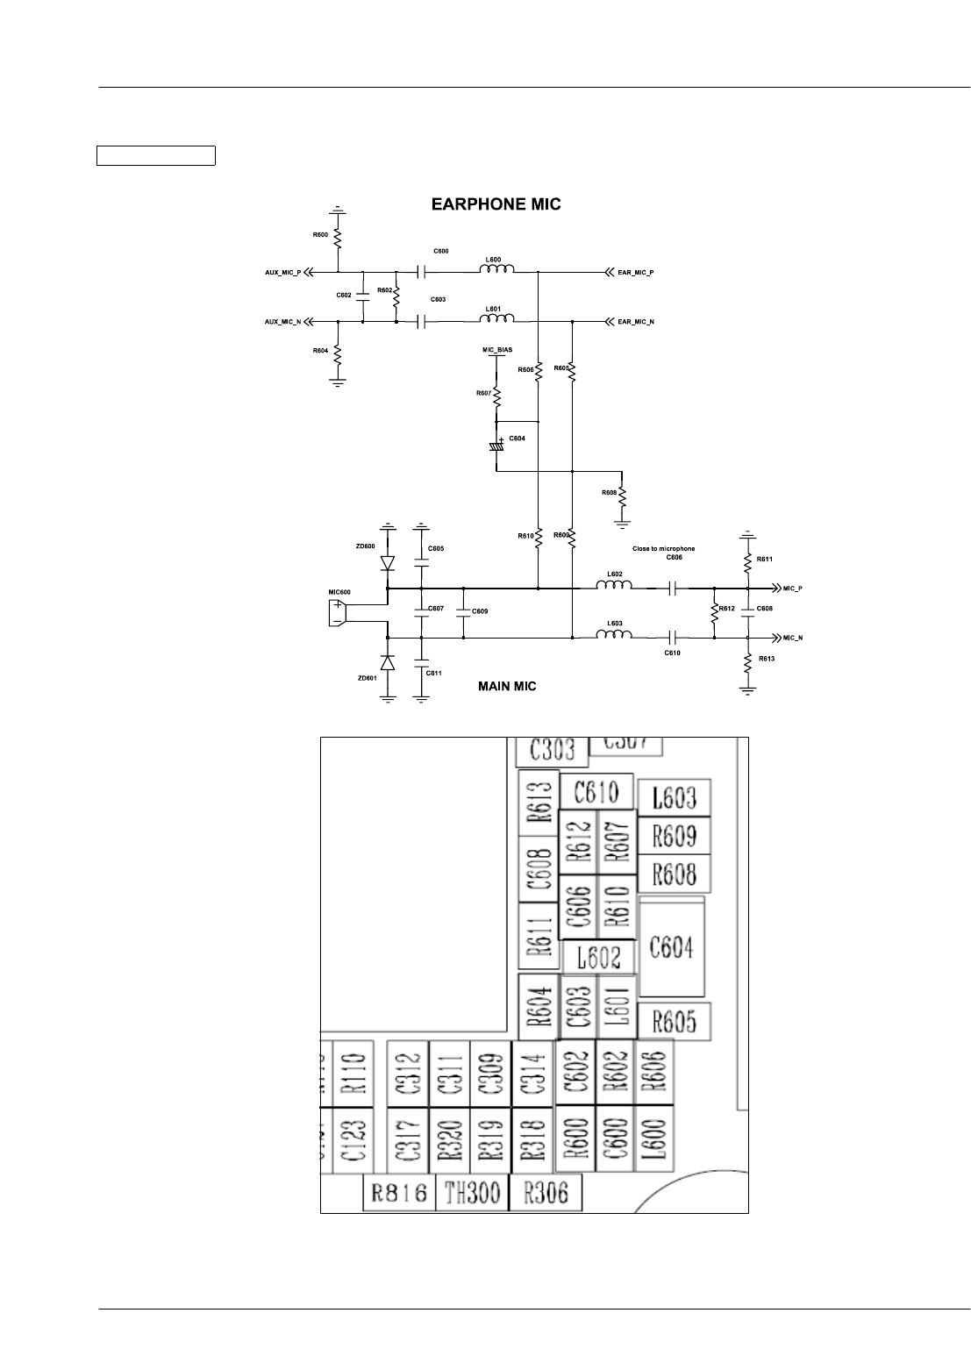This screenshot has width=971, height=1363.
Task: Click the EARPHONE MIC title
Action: click(496, 205)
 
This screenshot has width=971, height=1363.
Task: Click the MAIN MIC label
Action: click(506, 687)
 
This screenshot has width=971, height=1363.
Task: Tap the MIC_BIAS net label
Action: click(497, 350)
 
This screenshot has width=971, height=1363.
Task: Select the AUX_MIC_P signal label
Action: click(282, 273)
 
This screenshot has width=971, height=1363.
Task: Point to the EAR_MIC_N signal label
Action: click(636, 322)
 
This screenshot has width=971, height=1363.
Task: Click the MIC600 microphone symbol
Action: click(336, 613)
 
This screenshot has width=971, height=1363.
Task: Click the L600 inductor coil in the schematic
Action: click(496, 270)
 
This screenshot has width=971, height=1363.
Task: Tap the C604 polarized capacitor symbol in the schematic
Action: click(497, 446)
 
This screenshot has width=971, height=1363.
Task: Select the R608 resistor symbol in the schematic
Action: click(622, 496)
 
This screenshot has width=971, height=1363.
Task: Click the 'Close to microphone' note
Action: click(663, 549)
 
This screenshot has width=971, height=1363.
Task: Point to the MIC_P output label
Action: click(792, 588)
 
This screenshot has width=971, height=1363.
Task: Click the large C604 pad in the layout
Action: click(671, 947)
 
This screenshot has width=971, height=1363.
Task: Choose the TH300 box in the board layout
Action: click(472, 1193)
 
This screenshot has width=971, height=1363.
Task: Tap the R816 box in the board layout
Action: click(400, 1193)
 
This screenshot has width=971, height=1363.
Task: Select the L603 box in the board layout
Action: click(673, 797)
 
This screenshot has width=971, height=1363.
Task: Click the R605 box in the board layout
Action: click(674, 1022)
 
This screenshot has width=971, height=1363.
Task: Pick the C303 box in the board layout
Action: click(551, 750)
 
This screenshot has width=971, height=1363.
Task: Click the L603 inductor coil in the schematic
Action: click(615, 634)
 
